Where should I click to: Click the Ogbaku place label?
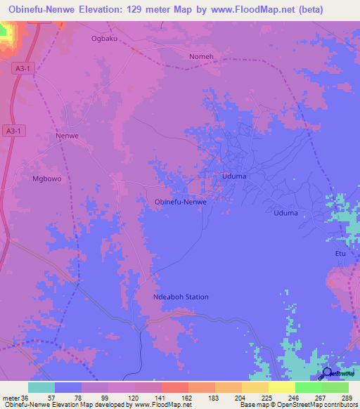104,39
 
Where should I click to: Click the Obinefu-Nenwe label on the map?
180,202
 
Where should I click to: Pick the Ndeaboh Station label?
181,297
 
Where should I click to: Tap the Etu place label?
340,253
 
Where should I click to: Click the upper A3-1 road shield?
25,68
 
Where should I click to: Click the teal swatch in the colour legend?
41,387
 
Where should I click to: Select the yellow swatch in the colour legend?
281,387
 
